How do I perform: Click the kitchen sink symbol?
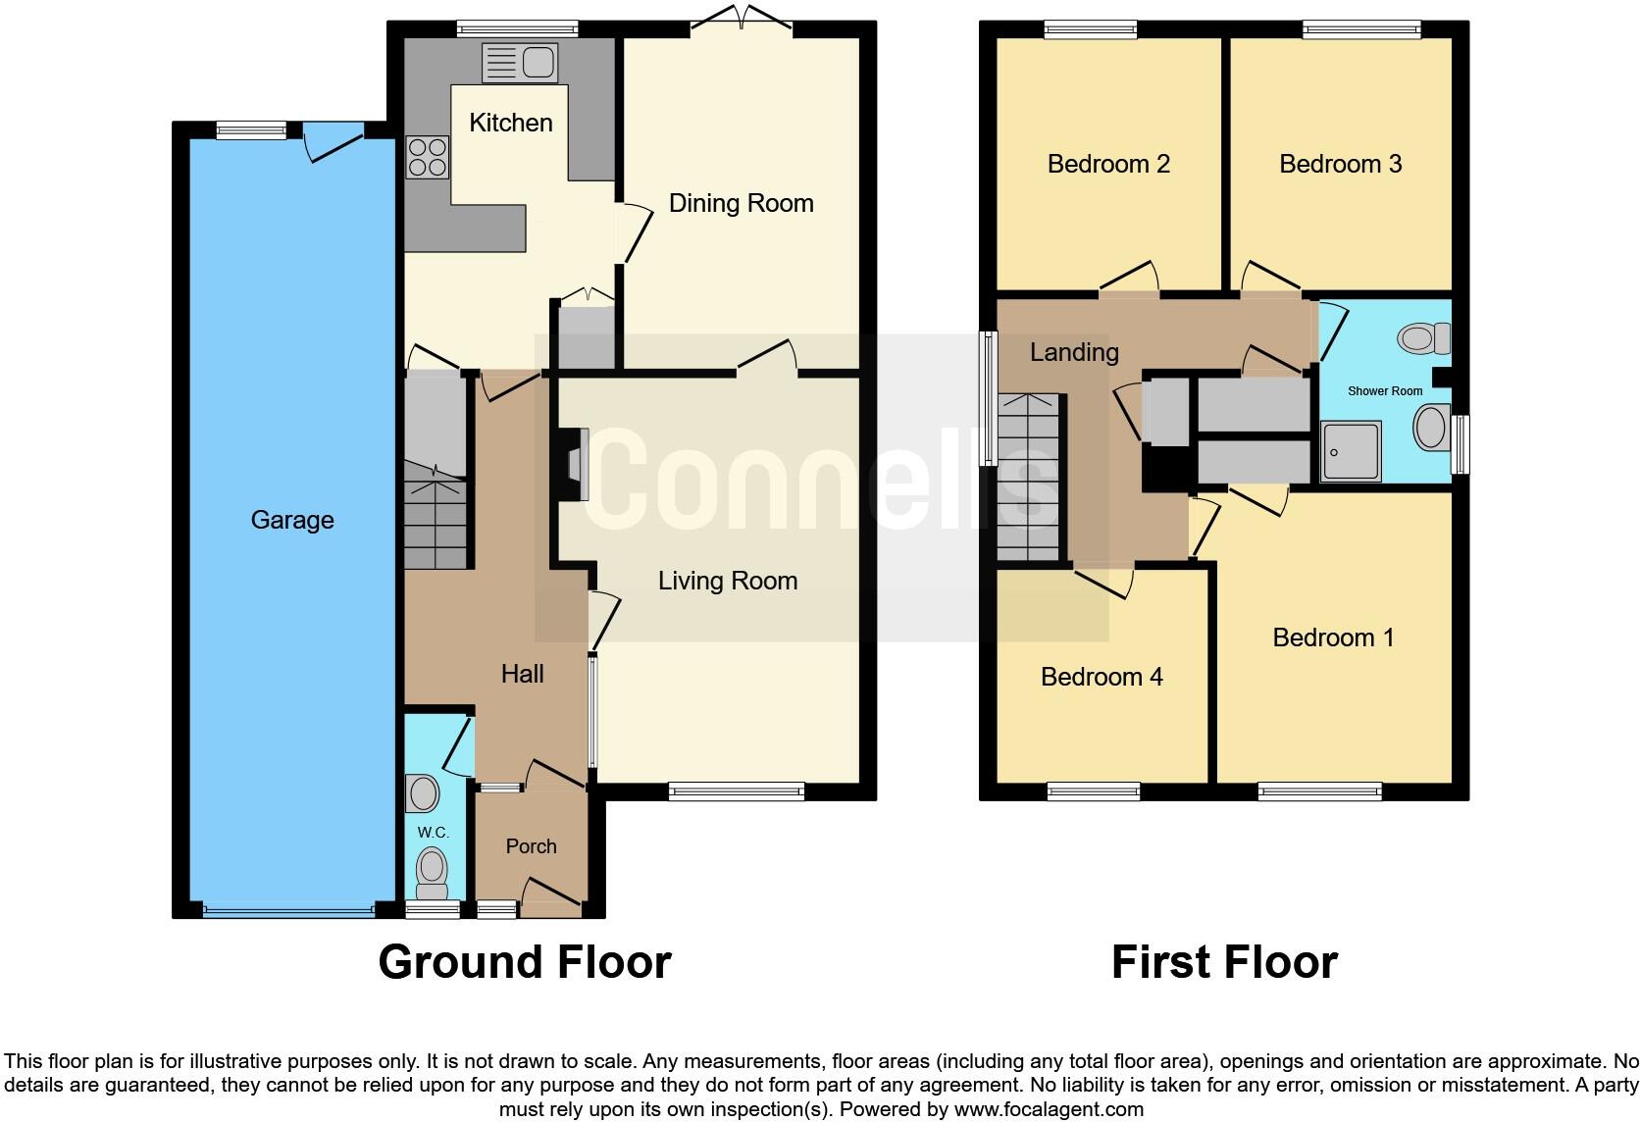coord(520,64)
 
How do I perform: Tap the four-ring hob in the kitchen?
coord(429,157)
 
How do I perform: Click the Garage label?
coord(292,520)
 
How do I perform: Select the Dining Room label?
coord(741,203)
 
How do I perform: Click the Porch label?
coord(531,846)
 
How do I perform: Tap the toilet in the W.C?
coord(432,871)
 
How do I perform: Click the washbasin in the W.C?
coord(423,792)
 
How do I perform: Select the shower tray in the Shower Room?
coord(1350,450)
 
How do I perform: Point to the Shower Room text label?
coord(1384,391)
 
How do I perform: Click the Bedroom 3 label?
coord(1340,164)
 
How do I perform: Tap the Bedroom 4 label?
coord(1101,677)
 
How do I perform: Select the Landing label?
coord(1073,352)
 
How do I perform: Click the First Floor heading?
coord(1223,962)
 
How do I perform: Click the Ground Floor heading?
coord(525,962)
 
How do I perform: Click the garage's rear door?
coord(333,140)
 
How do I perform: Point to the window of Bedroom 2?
coord(1090,30)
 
